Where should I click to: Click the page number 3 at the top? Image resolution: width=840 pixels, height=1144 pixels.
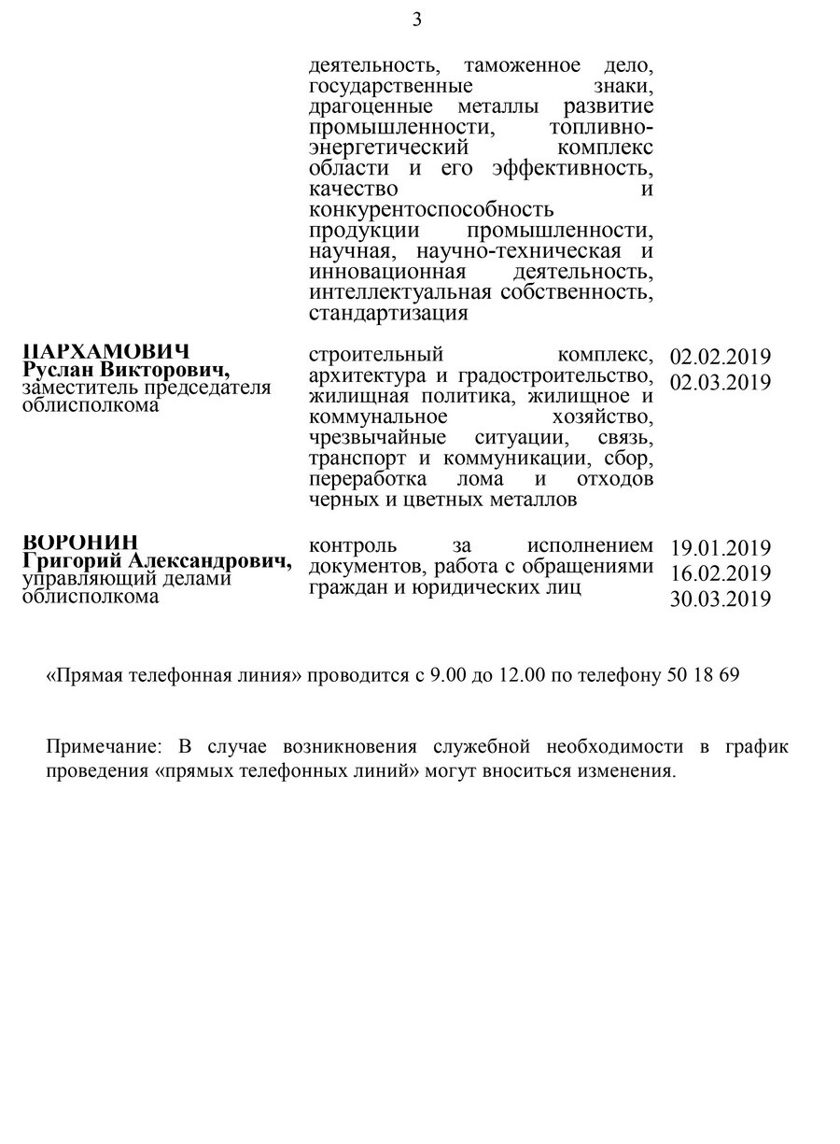tap(418, 20)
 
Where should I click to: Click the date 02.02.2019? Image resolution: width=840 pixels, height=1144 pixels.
tap(721, 357)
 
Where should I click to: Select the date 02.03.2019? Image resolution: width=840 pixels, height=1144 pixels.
tap(721, 382)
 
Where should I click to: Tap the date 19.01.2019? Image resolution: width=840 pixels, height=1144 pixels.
tap(721, 548)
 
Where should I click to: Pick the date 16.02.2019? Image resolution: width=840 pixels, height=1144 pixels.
tap(721, 573)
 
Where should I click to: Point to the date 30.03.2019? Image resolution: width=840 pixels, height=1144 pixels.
tap(721, 600)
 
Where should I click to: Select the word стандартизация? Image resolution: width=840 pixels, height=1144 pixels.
tap(387, 313)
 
